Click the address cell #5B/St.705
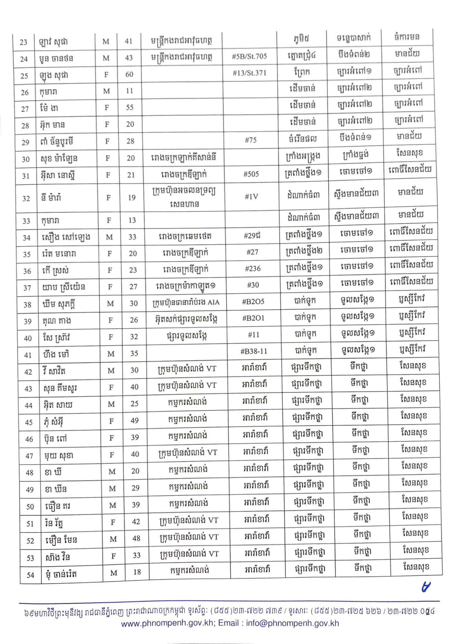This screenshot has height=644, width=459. point(249,56)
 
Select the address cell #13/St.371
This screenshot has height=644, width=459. point(250,73)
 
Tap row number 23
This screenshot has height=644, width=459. point(23,42)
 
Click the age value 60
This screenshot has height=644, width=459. point(129,74)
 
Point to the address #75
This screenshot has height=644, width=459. point(250,140)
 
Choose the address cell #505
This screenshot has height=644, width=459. point(251,174)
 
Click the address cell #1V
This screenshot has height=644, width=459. point(251,196)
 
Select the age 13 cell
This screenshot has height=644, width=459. point(132,220)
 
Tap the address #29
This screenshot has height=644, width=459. point(252,236)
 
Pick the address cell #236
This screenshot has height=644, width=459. point(252,268)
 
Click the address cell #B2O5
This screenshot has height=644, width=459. point(253,302)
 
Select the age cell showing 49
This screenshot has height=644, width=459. point(135,420)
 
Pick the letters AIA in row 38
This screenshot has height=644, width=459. point(213,302)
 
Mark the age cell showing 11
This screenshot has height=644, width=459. point(129,91)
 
